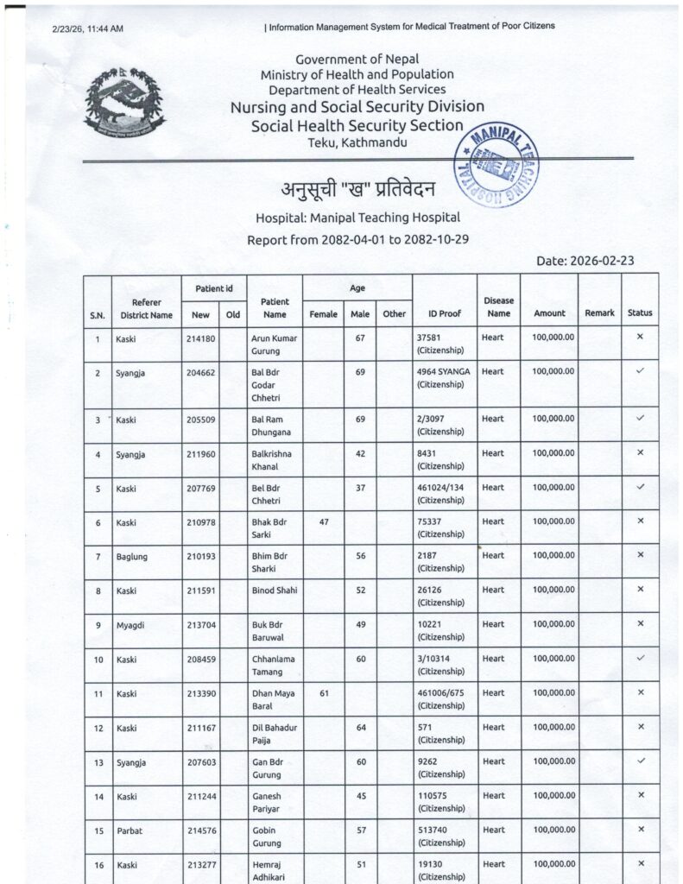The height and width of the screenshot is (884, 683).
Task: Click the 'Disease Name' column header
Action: click(x=498, y=306)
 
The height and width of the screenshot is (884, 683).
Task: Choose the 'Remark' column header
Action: click(x=599, y=313)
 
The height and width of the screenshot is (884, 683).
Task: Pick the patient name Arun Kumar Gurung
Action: click(x=274, y=344)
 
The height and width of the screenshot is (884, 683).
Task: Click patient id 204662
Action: click(x=200, y=371)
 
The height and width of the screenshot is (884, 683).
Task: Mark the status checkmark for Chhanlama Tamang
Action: click(x=640, y=658)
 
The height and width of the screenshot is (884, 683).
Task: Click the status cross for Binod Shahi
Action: click(x=640, y=589)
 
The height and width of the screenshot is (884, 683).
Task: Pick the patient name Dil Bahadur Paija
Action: click(x=274, y=734)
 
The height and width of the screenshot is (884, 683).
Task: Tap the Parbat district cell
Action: click(x=129, y=830)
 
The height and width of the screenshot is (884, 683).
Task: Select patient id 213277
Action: click(x=200, y=864)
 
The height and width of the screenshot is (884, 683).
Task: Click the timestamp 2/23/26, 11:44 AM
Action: click(x=87, y=28)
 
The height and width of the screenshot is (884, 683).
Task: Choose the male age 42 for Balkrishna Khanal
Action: click(x=360, y=452)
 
